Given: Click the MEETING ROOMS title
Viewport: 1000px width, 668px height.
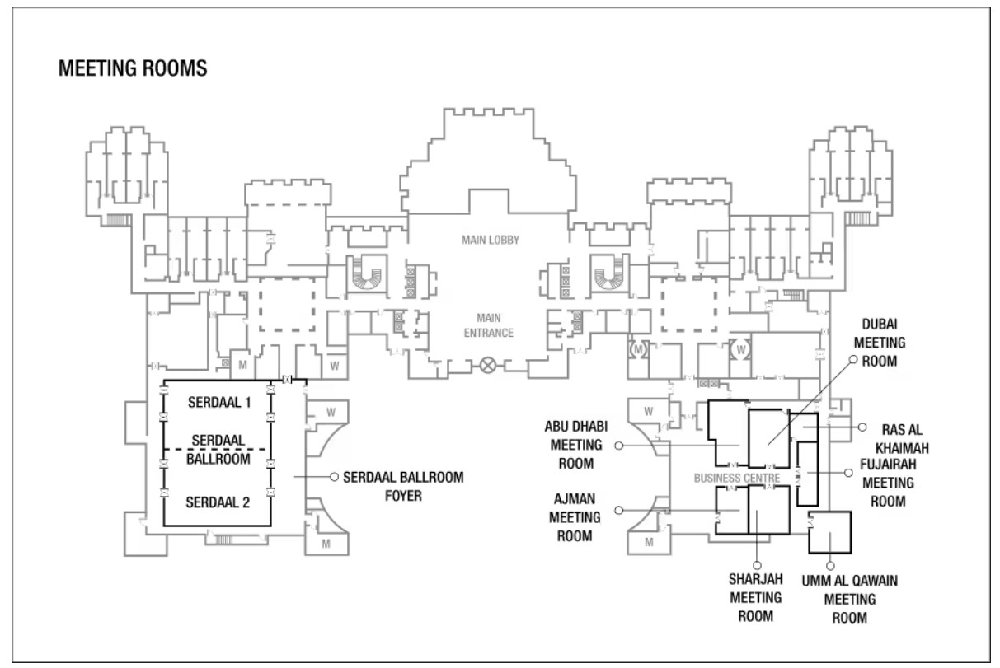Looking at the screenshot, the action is (133, 68).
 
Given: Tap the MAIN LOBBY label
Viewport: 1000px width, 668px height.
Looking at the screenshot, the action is (491, 241).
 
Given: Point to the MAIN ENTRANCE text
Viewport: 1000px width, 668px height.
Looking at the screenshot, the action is (488, 325).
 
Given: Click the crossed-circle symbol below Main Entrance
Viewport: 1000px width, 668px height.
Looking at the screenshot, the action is (487, 366).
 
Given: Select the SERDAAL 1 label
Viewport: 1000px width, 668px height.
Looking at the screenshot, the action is (218, 403).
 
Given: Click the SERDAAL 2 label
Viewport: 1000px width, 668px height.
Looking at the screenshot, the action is (218, 502).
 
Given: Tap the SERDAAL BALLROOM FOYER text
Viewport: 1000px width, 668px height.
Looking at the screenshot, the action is (403, 487).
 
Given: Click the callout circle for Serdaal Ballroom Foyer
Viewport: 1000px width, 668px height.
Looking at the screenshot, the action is (334, 477).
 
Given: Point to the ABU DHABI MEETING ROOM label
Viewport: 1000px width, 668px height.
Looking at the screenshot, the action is (576, 445).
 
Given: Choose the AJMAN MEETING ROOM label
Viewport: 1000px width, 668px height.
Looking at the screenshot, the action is (575, 517).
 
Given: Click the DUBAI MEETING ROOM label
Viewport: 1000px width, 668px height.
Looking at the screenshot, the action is (880, 343).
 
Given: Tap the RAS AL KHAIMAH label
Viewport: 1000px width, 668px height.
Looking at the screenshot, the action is (902, 439).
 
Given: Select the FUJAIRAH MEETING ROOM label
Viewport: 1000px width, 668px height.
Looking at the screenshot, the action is (888, 483).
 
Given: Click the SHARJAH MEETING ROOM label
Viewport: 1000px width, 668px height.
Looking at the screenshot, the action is (756, 597).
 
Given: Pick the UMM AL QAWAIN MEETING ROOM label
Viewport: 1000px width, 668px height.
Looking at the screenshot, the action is (850, 599).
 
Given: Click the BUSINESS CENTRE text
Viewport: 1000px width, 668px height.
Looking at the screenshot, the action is (737, 478).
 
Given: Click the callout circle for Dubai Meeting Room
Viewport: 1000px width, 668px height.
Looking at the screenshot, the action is (853, 359).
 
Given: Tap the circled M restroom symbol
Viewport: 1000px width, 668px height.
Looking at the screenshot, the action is (638, 349).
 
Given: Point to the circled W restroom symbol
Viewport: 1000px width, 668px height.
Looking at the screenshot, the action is (740, 349).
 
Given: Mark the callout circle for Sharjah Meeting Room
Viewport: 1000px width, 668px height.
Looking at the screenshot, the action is (757, 565).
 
